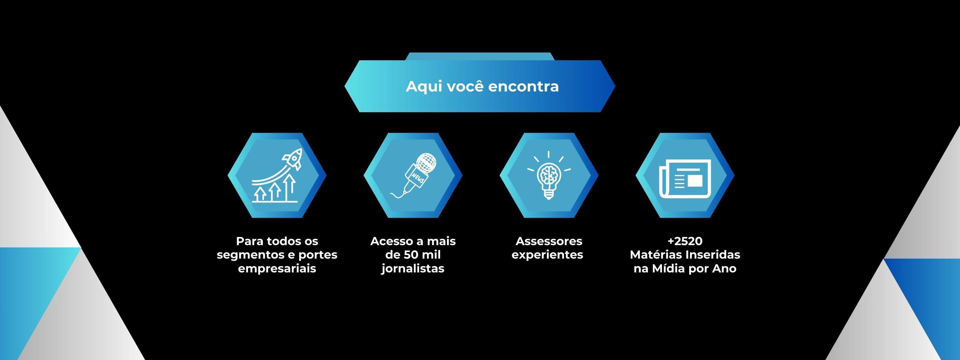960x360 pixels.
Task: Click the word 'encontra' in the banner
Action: click(523, 86)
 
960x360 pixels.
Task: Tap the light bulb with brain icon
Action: click(549, 175)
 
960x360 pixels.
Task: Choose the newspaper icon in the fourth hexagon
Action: click(685, 179)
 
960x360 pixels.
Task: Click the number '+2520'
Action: click(685, 241)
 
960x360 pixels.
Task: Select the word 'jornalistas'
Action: click(413, 269)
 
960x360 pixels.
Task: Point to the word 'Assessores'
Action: click(549, 241)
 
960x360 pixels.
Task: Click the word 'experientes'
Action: click(547, 255)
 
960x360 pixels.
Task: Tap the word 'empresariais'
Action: click(277, 269)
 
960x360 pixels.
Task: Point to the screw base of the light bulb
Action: click(549, 194)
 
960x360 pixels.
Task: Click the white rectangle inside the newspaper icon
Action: click(695, 181)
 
